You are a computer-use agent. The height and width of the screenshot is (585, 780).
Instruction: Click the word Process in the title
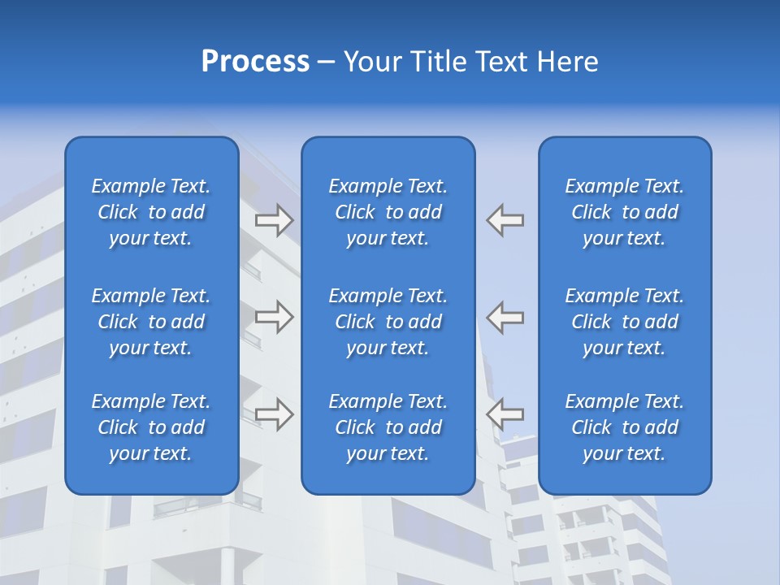[x=255, y=62]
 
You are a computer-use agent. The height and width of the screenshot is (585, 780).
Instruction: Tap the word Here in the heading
[x=568, y=62]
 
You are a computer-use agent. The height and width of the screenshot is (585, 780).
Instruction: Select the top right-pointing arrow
[x=275, y=220]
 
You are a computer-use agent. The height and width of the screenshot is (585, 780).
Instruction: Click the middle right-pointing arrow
[x=275, y=316]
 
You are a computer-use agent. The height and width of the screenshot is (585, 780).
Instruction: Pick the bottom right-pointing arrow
[x=275, y=414]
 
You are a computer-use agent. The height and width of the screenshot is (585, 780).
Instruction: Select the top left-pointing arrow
[x=505, y=220]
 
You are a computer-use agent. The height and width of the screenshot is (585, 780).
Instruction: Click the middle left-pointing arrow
[x=505, y=316]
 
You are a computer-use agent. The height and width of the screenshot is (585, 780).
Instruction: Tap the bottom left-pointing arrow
[x=505, y=414]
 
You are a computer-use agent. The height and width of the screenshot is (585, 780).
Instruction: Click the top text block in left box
[x=151, y=212]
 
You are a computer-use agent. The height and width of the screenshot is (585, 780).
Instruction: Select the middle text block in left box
[x=151, y=322]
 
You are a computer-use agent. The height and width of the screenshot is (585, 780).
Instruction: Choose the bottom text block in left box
[x=151, y=427]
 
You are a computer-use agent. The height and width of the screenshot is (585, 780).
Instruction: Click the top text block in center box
[x=388, y=212]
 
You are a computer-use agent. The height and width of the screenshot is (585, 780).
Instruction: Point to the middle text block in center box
[x=388, y=322]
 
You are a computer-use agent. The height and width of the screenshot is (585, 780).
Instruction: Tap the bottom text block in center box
[x=388, y=427]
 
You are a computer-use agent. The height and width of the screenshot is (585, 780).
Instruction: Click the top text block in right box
[x=625, y=212]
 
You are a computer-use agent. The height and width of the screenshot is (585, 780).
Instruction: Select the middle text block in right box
[x=625, y=322]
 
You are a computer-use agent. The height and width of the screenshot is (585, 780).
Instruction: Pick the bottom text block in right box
[x=625, y=427]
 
